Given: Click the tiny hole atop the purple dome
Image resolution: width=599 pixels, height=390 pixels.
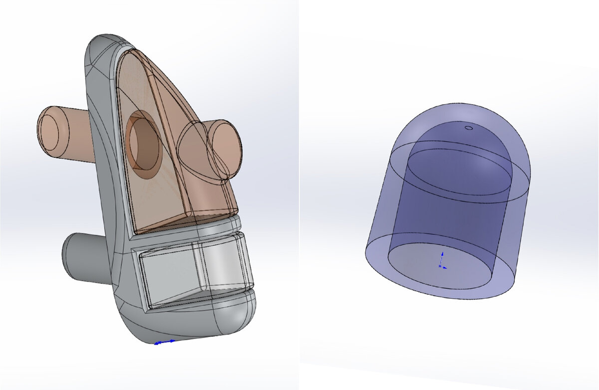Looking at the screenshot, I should pos(468,128).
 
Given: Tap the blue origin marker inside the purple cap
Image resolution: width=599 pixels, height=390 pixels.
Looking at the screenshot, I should pos(441,261).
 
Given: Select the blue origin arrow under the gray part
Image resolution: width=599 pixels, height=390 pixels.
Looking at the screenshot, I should pos(164,342).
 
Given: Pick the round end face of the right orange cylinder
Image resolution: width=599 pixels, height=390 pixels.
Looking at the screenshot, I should pos(225,149).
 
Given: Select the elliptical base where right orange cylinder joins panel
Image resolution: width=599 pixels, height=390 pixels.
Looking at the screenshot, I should pos(197,152).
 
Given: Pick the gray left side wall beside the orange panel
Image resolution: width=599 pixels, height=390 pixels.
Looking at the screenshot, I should pos(102,150).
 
